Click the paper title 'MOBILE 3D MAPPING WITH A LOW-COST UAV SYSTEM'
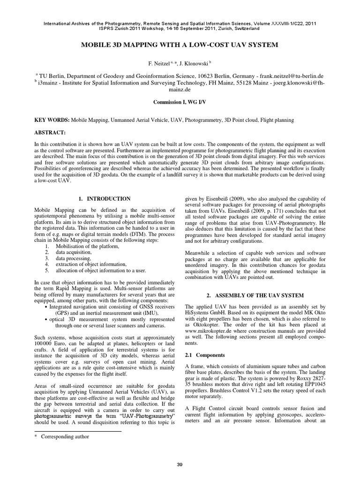click(180, 45)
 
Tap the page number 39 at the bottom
click(180, 465)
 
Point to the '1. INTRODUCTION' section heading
click(104, 199)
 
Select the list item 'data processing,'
click(74, 258)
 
